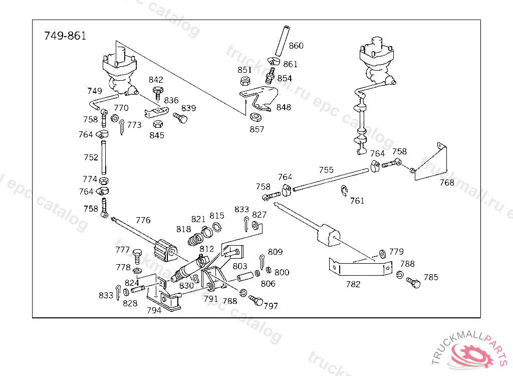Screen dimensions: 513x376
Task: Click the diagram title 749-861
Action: pyautogui.click(x=65, y=36)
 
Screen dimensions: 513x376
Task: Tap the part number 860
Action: pyautogui.click(x=296, y=46)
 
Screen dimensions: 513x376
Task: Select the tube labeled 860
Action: pyautogui.click(x=283, y=41)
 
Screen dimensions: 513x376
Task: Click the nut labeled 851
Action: pyautogui.click(x=244, y=81)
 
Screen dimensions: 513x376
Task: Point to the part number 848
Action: pyautogui.click(x=284, y=107)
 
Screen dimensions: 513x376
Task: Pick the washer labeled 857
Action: pyautogui.click(x=255, y=117)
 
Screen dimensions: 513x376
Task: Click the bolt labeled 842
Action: pyautogui.click(x=158, y=93)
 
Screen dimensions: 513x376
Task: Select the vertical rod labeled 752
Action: pyautogui.click(x=104, y=157)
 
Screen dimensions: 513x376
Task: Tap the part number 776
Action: pyautogui.click(x=143, y=220)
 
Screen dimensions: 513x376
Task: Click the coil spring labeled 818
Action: pyautogui.click(x=195, y=240)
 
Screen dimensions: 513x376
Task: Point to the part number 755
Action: pyautogui.click(x=326, y=170)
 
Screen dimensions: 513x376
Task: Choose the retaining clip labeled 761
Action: pyautogui.click(x=344, y=192)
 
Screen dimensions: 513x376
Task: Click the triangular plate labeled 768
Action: pyautogui.click(x=430, y=161)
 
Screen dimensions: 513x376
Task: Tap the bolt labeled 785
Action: pyautogui.click(x=413, y=282)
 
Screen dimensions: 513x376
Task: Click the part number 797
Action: pyautogui.click(x=271, y=306)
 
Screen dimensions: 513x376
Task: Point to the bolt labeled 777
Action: pyautogui.click(x=137, y=256)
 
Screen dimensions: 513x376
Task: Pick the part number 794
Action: pyautogui.click(x=154, y=310)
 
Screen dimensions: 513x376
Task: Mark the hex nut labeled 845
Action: pyautogui.click(x=158, y=124)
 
